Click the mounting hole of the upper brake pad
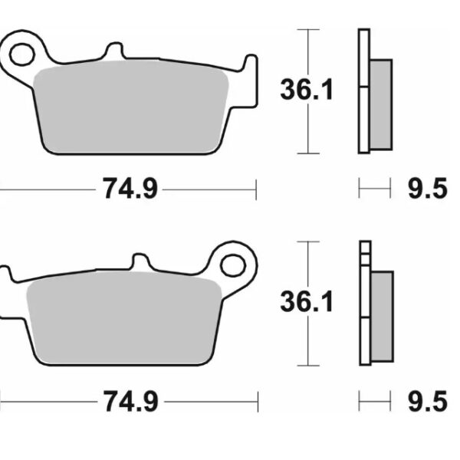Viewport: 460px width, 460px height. click(22, 54)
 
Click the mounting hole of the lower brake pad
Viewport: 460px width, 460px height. click(232, 265)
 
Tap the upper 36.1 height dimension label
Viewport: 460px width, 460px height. click(305, 90)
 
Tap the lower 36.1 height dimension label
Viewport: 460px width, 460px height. click(306, 302)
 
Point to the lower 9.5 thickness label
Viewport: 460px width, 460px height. click(427, 399)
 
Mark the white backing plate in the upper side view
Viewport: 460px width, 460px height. click(363, 90)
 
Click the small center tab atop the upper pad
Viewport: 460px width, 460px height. click(113, 51)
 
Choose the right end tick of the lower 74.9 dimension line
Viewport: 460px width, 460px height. click(257, 399)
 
